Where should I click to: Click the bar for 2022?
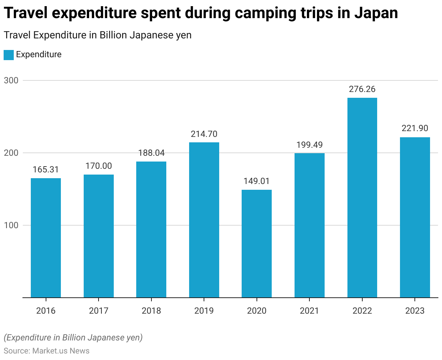(x=362, y=198)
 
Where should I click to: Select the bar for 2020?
(x=257, y=244)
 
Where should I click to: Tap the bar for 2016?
(x=46, y=238)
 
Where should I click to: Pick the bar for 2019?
(x=204, y=220)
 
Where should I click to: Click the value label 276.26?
(x=362, y=89)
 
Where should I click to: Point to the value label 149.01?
(x=257, y=181)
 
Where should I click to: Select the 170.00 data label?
(x=99, y=166)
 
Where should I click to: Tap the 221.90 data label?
(x=415, y=128)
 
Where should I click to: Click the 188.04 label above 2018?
(x=151, y=153)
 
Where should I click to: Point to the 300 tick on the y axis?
(x=11, y=80)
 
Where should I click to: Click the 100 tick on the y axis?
(x=11, y=225)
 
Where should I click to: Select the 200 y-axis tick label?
(x=11, y=153)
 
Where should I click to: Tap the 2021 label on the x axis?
(x=309, y=311)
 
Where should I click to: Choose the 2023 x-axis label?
(x=415, y=311)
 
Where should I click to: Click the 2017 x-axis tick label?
(x=99, y=311)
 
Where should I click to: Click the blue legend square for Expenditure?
(x=9, y=55)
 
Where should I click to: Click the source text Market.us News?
(x=61, y=351)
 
